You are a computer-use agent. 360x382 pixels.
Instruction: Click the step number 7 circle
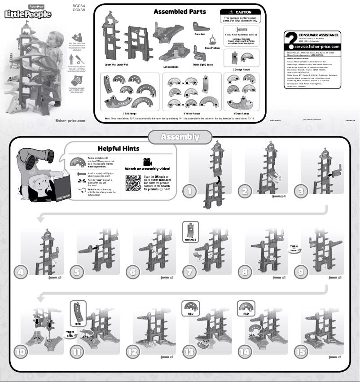coord(190,272)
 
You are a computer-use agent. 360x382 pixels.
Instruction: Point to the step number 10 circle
coord(21,352)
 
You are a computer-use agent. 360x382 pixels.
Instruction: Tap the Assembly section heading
coord(180,136)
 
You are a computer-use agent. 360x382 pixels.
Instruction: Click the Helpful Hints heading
coord(119,149)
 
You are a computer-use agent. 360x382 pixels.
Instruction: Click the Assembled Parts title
coord(180,12)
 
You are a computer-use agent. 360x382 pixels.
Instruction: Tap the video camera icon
coord(148,162)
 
